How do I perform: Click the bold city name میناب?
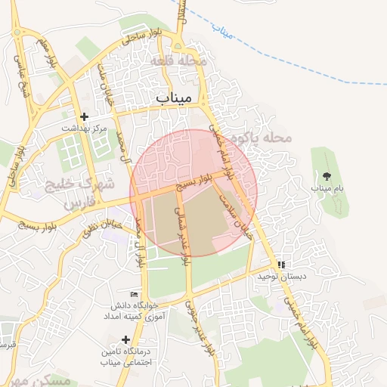(x=175, y=98)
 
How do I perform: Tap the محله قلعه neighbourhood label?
(x=178, y=60)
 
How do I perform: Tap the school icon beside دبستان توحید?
(x=281, y=265)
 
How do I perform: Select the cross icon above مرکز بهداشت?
(x=84, y=117)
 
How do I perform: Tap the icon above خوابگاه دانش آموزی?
(x=135, y=293)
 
